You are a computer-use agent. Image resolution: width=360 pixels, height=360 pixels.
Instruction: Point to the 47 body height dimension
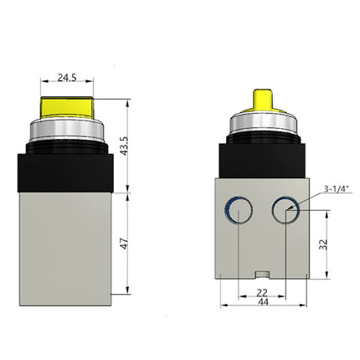(x=125, y=244)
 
